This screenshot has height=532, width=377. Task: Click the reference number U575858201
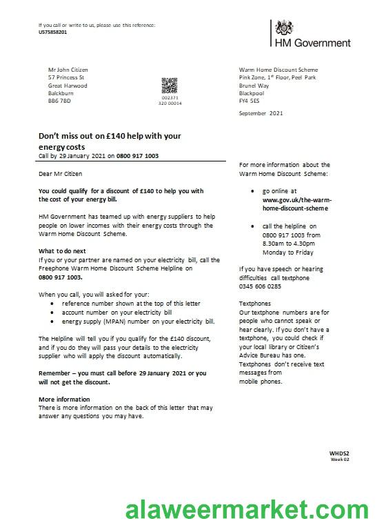53,32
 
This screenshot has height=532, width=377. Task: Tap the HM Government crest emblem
283,28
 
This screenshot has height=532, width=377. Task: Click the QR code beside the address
170,86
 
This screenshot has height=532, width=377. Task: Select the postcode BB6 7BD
59,101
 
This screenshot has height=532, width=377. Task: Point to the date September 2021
261,112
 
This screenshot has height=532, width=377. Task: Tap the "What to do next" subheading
62,250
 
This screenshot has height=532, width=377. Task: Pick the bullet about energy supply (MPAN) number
139,322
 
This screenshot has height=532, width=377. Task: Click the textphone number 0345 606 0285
260,286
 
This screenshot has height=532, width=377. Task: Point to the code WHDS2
339,453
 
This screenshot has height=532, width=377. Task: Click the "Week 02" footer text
340,460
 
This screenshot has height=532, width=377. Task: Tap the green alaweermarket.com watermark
247,511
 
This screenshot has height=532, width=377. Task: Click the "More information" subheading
64,400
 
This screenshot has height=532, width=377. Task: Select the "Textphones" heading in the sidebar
255,304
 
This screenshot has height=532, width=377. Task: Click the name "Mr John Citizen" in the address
68,70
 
